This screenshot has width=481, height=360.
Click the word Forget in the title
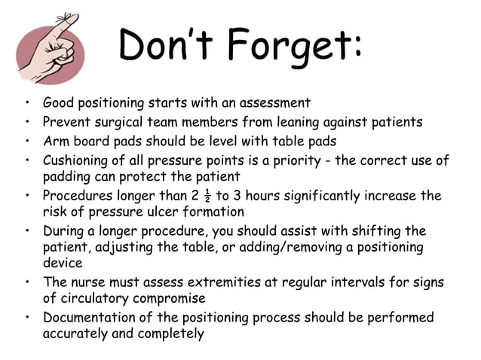point(283,47)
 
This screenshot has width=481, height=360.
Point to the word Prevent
point(68,121)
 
